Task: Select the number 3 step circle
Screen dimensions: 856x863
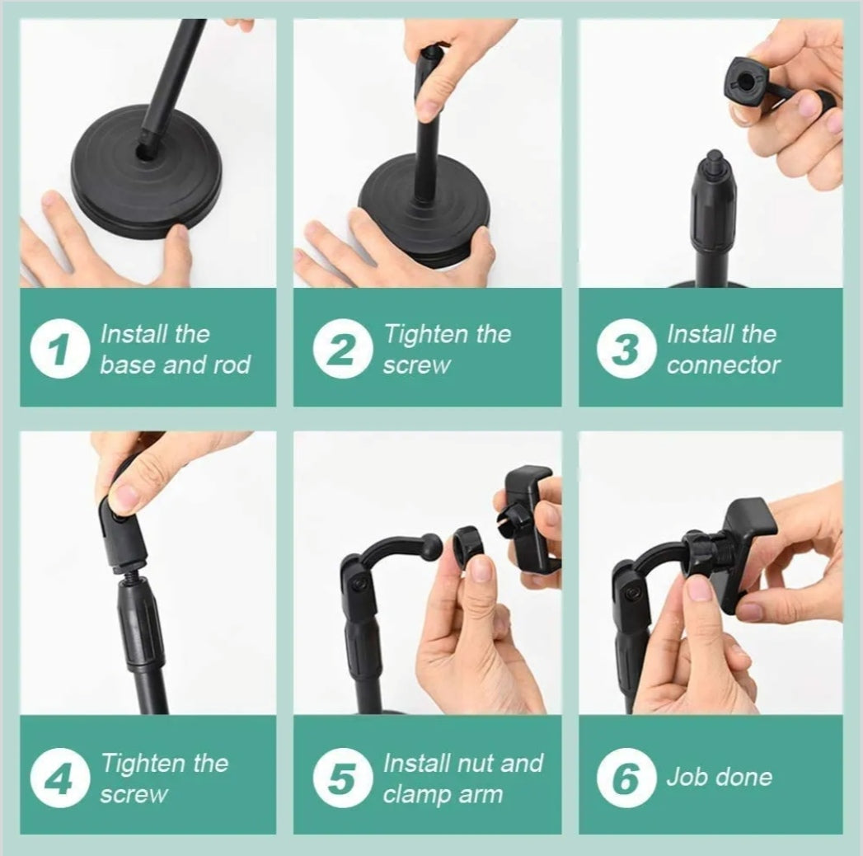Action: (625, 350)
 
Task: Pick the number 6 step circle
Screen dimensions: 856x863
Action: (625, 779)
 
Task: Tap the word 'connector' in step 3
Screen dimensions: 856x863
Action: (723, 365)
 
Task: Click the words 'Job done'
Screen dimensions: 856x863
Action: (719, 777)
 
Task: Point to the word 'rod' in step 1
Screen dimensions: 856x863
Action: (231, 365)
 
